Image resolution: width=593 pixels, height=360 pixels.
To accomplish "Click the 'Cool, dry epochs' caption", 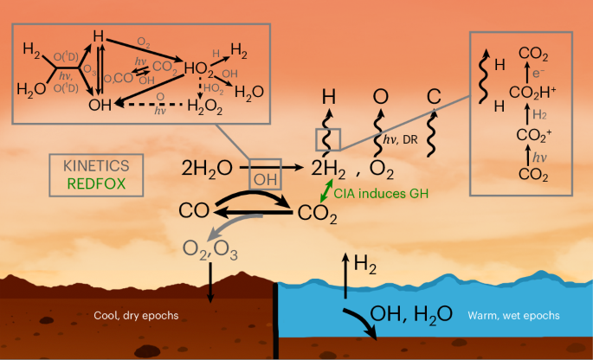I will click(134, 315).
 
